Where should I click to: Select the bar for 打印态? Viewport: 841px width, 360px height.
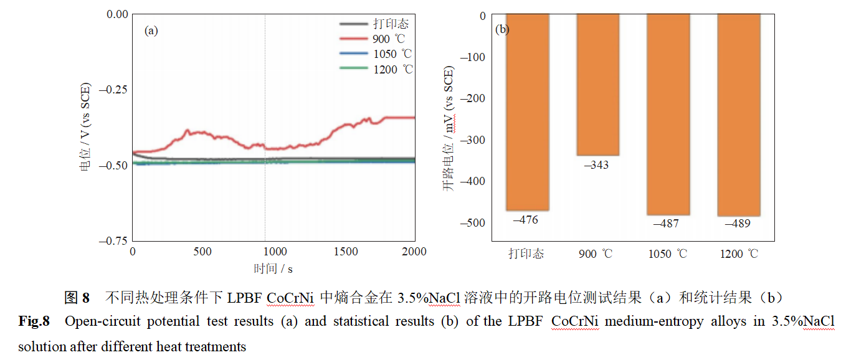[x=527, y=112]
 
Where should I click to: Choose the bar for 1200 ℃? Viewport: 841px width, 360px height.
[x=739, y=115]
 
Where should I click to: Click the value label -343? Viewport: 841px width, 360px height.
[x=596, y=165]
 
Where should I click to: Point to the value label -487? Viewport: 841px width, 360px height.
[x=666, y=223]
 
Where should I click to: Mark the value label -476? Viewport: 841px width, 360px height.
[x=525, y=219]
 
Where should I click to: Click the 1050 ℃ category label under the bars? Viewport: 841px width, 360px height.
[x=668, y=253]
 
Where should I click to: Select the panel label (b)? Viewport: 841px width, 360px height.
[x=501, y=29]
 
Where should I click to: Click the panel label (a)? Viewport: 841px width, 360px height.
[x=151, y=29]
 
